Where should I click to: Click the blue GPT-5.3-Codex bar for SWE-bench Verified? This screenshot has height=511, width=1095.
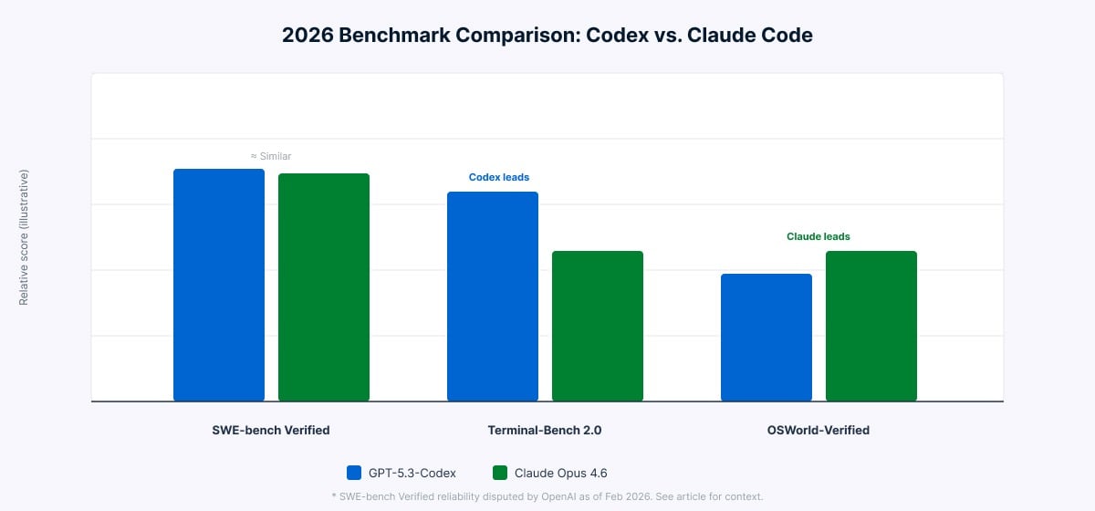(x=219, y=285)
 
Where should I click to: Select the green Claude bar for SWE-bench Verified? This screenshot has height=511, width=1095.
(x=324, y=287)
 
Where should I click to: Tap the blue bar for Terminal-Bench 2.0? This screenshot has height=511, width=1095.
(x=493, y=297)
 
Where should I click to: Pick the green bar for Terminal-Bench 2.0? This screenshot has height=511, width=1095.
(x=598, y=326)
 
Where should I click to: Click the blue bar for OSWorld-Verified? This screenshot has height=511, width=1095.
(x=766, y=338)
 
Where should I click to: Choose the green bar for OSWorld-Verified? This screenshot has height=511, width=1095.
(x=871, y=326)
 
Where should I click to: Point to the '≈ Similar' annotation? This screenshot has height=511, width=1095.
(x=271, y=157)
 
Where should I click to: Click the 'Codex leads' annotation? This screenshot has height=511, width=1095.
(x=499, y=177)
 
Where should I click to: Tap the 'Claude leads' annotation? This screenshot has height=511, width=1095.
(x=819, y=236)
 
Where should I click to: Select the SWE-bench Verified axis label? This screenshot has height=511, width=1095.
(x=271, y=430)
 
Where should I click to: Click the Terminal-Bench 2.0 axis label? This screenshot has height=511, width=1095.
(x=545, y=430)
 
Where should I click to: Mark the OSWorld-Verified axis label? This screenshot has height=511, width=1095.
(x=819, y=430)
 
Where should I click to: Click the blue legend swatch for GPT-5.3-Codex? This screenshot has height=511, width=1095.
(x=355, y=473)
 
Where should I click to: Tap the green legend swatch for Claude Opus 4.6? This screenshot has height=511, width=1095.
(x=499, y=473)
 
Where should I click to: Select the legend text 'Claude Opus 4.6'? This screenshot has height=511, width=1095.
(x=560, y=473)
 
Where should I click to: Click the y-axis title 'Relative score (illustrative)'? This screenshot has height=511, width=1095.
(x=24, y=237)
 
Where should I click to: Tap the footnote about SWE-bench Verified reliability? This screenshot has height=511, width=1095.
(x=547, y=496)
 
